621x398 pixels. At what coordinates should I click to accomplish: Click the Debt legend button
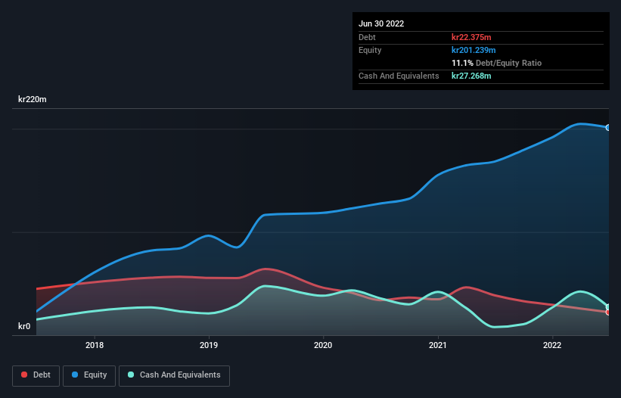pyautogui.click(x=35, y=375)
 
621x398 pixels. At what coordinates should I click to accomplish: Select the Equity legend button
pyautogui.click(x=89, y=375)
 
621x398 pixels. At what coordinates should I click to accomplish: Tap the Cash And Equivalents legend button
pyautogui.click(x=174, y=375)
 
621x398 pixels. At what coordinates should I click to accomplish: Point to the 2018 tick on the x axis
pyautogui.click(x=95, y=346)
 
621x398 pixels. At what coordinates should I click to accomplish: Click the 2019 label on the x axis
pyautogui.click(x=209, y=346)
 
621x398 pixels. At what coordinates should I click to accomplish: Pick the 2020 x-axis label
pyautogui.click(x=323, y=346)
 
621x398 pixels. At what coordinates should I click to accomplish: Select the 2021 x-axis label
pyautogui.click(x=438, y=346)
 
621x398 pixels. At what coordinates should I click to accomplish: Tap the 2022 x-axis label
pyautogui.click(x=552, y=346)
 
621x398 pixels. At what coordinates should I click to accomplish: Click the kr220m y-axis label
pyautogui.click(x=33, y=99)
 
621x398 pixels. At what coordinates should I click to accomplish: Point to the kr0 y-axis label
pyautogui.click(x=25, y=326)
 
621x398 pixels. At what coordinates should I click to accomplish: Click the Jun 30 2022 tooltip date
pyautogui.click(x=381, y=23)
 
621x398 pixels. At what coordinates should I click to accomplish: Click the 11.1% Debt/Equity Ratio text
pyautogui.click(x=496, y=63)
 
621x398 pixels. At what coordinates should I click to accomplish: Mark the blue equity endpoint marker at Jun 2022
pyautogui.click(x=607, y=127)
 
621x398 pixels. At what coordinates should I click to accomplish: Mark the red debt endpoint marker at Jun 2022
pyautogui.click(x=607, y=312)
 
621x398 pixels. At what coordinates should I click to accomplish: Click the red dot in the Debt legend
pyautogui.click(x=25, y=375)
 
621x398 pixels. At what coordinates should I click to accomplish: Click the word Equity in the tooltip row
pyautogui.click(x=370, y=50)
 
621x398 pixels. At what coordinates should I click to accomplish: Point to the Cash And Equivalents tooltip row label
pyautogui.click(x=399, y=76)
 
